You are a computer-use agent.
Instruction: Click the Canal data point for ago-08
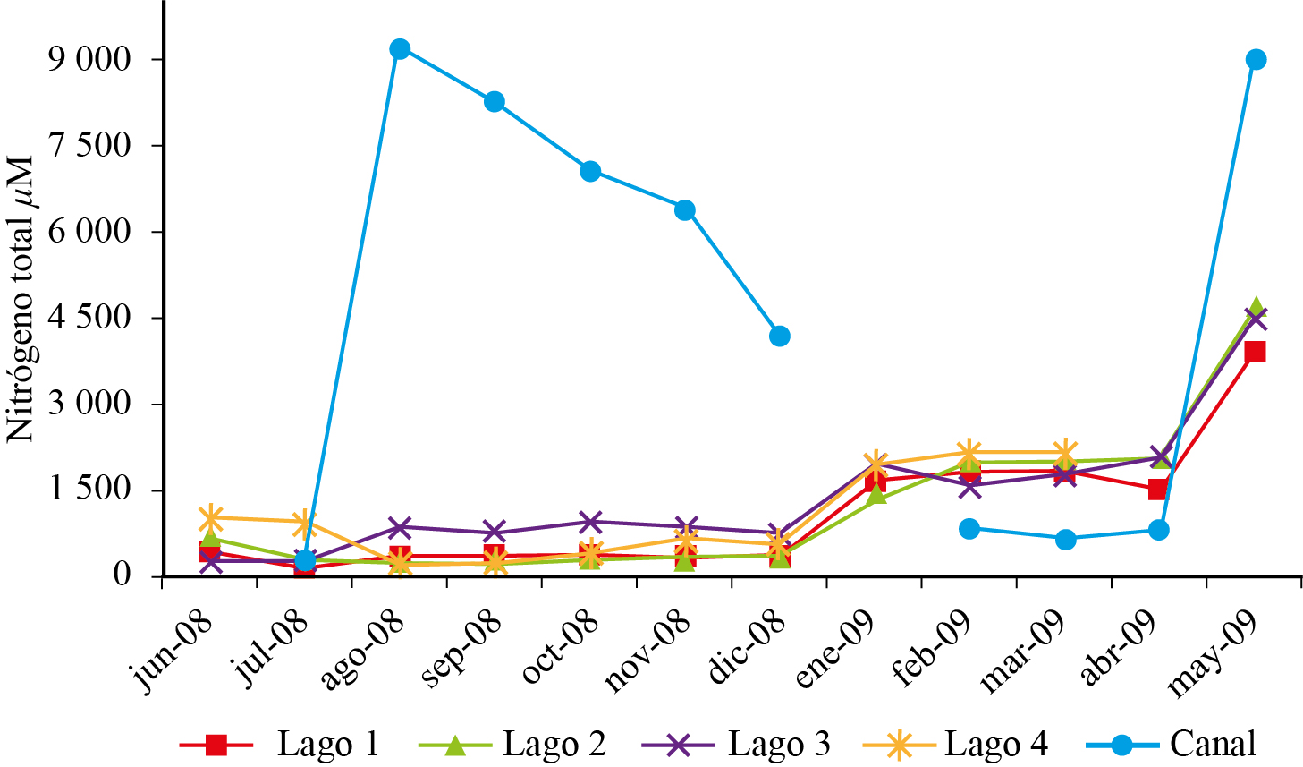pyautogui.click(x=400, y=49)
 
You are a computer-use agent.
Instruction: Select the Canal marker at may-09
pyautogui.click(x=1256, y=60)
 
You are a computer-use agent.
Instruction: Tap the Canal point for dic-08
pyautogui.click(x=779, y=337)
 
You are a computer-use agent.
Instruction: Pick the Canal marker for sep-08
pyautogui.click(x=495, y=102)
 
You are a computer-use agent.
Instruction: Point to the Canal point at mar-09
pyautogui.click(x=1065, y=540)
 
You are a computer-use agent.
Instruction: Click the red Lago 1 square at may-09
pyautogui.click(x=1256, y=352)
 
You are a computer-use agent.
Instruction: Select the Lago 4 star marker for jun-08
pyautogui.click(x=211, y=517)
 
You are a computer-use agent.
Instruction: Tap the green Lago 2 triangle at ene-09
pyautogui.click(x=876, y=494)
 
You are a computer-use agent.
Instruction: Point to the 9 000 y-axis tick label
pyautogui.click(x=90, y=60)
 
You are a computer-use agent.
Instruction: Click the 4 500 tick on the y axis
pyautogui.click(x=90, y=319)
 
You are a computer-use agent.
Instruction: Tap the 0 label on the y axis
pyautogui.click(x=122, y=575)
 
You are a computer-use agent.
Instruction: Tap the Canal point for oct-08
pyautogui.click(x=590, y=172)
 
